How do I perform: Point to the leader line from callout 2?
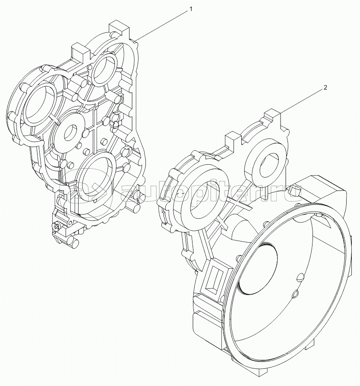[303, 100]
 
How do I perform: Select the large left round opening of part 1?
[41, 104]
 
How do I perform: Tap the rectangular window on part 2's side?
[214, 280]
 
